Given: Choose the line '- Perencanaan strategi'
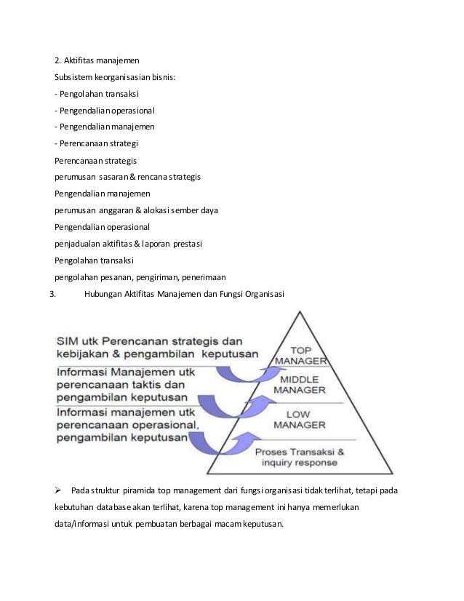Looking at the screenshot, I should pos(96,142).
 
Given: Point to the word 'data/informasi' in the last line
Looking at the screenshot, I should pos(84,523).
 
